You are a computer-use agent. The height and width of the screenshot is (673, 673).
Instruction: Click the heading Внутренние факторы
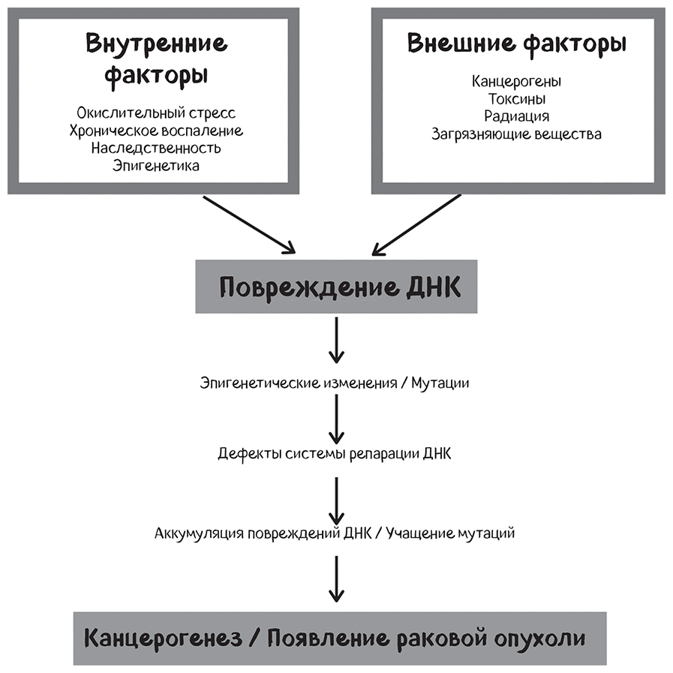coord(156,59)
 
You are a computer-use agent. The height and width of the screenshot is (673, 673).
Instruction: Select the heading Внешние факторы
coord(517,44)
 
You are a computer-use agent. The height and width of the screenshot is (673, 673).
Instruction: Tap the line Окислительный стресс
coord(156,113)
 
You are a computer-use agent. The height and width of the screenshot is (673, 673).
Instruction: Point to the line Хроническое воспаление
coord(156,131)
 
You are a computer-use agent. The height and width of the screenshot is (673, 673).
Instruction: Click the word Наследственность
coord(156,148)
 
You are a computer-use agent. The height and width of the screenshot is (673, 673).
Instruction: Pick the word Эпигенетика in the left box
coord(156,166)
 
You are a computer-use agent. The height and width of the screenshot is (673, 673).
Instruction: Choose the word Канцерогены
coord(516,81)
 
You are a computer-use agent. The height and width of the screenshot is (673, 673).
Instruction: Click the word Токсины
coord(516,99)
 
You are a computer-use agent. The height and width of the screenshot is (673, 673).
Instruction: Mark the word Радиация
coord(516,117)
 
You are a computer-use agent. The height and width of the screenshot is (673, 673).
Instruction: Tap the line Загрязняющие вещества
coord(516,135)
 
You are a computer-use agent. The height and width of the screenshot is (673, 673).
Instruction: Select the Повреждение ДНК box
coord(335,287)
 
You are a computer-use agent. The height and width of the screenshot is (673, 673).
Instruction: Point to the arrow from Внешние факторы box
coord(416,224)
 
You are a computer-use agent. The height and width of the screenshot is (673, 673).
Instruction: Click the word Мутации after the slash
coord(440,383)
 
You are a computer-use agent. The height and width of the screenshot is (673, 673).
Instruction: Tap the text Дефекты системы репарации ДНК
coord(335,455)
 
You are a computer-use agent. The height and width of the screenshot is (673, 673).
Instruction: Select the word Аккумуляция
coord(197,534)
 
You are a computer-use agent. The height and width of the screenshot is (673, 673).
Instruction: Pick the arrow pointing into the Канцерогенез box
coord(336,578)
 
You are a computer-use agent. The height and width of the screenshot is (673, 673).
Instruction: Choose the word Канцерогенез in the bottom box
coord(163,638)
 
